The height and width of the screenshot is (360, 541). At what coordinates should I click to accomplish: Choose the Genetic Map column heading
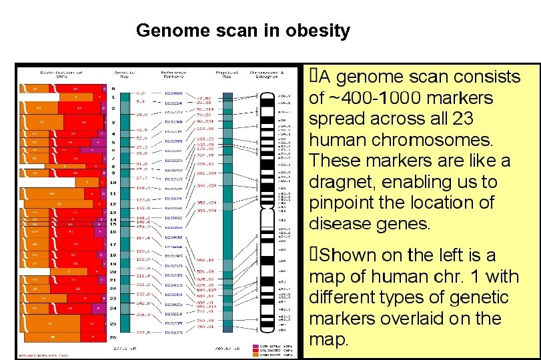124,74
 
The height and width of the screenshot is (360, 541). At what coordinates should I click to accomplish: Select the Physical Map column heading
227,74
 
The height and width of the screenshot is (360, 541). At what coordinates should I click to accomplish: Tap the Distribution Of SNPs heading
61,74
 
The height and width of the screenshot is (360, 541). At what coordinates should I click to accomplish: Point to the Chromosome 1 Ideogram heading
267,74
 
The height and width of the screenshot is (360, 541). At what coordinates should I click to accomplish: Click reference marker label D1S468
174,93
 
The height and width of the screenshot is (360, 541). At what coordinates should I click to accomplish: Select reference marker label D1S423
174,331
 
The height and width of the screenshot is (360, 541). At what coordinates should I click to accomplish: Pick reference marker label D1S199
174,123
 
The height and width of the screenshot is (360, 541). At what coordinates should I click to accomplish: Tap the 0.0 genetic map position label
141,93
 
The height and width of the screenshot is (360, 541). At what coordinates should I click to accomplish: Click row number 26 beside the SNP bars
113,338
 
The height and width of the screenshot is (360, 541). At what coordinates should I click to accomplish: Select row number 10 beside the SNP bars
113,182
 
